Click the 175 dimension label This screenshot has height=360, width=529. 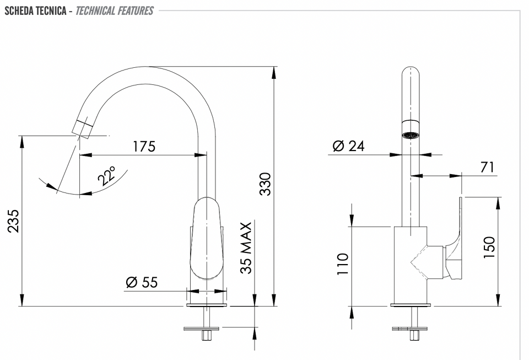tap(144, 147)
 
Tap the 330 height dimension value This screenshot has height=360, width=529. tap(266, 184)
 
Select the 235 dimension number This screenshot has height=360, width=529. tap(14, 221)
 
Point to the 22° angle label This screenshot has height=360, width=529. tap(107, 175)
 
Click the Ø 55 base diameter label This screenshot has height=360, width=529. tap(142, 282)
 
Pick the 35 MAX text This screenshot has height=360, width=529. tap(246, 248)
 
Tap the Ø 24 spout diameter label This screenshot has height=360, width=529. tap(348, 146)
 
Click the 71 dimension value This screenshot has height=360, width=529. tap(487, 167)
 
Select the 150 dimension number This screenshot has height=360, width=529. tap(489, 248)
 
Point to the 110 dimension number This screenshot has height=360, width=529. tap(342, 264)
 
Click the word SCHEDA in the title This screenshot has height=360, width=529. tap(19, 11)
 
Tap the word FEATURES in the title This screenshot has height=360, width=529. tap(135, 11)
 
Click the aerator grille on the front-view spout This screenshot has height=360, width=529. tap(411, 135)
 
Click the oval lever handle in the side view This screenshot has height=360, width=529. tap(206, 238)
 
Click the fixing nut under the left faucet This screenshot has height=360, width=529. tap(206, 335)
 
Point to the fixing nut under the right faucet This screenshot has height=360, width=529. tap(414, 335)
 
